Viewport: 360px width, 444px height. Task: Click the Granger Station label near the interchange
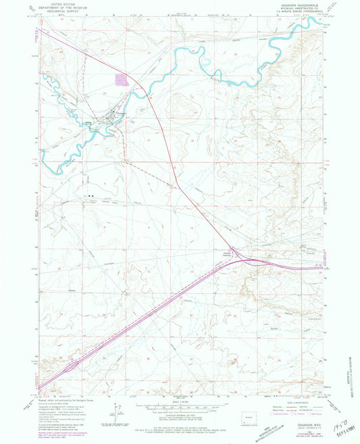pos(227,254)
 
